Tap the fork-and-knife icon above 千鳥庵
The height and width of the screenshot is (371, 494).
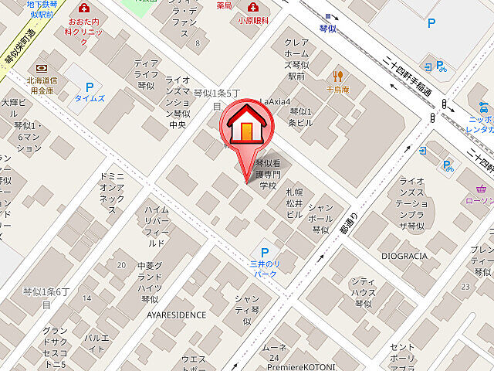click(337, 75)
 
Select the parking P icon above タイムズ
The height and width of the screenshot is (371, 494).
click(90, 88)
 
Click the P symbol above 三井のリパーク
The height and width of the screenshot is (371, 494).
click(265, 253)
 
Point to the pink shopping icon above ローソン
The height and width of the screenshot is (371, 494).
click(483, 189)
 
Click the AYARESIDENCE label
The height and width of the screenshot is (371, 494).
click(177, 315)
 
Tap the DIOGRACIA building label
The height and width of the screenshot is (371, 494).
click(404, 256)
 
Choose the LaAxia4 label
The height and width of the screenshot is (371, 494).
click(274, 101)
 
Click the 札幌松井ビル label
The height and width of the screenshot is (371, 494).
click(294, 203)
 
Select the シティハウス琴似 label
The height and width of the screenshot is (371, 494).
click(363, 292)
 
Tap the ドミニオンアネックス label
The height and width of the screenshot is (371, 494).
click(112, 193)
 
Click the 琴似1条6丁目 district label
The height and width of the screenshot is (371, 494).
click(46, 298)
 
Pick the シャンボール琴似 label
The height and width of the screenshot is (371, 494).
click(320, 219)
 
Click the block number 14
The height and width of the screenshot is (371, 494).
click(87, 298)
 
